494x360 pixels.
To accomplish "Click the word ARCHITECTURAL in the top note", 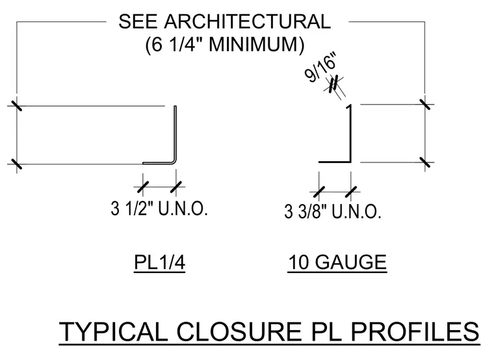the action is coord(247,21).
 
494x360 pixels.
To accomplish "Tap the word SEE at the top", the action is coord(138,21).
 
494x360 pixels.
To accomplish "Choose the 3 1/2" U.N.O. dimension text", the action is coord(159,208).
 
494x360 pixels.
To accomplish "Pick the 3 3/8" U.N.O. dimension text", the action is coord(333,211).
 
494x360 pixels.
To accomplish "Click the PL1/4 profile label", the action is coord(159,262).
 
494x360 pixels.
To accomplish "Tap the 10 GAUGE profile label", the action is coord(337,262).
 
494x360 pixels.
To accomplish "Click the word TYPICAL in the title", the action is coord(113,331).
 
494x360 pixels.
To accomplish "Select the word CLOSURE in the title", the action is coord(239,331).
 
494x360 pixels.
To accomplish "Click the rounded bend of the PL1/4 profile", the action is coord(174,161).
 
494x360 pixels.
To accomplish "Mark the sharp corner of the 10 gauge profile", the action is coord(350,162).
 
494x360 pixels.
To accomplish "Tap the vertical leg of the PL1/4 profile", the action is coord(175,133).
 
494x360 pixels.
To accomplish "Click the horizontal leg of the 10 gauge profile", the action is coord(334,162).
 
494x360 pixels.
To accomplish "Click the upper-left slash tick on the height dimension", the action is coord(16,105).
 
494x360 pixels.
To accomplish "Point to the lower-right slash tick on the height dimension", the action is coord(425,162).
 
